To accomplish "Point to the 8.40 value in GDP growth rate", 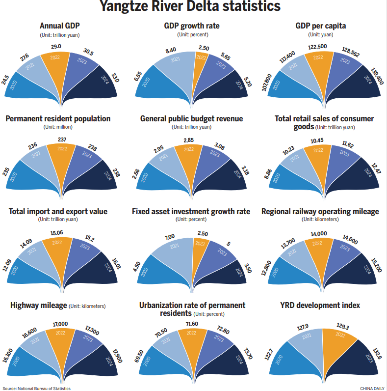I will click(x=170, y=51).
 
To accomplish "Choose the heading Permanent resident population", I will click(x=58, y=119).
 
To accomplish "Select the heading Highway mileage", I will click(x=38, y=306).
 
